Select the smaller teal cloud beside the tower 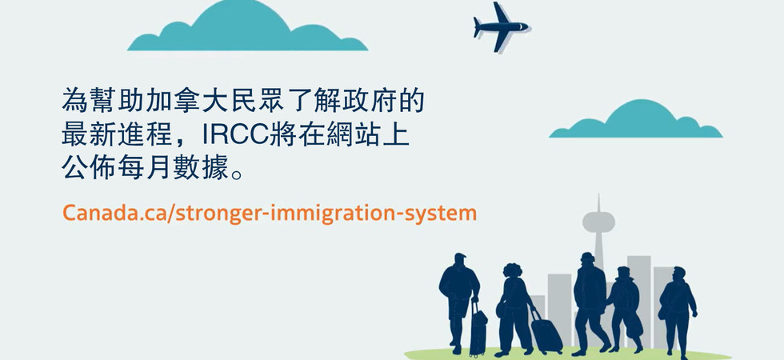coord(636,119)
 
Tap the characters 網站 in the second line coord(354,135)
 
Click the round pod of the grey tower coord(598,221)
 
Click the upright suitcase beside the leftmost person coord(478,329)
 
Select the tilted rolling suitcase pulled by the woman coord(546,331)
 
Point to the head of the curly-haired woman coord(513,270)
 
